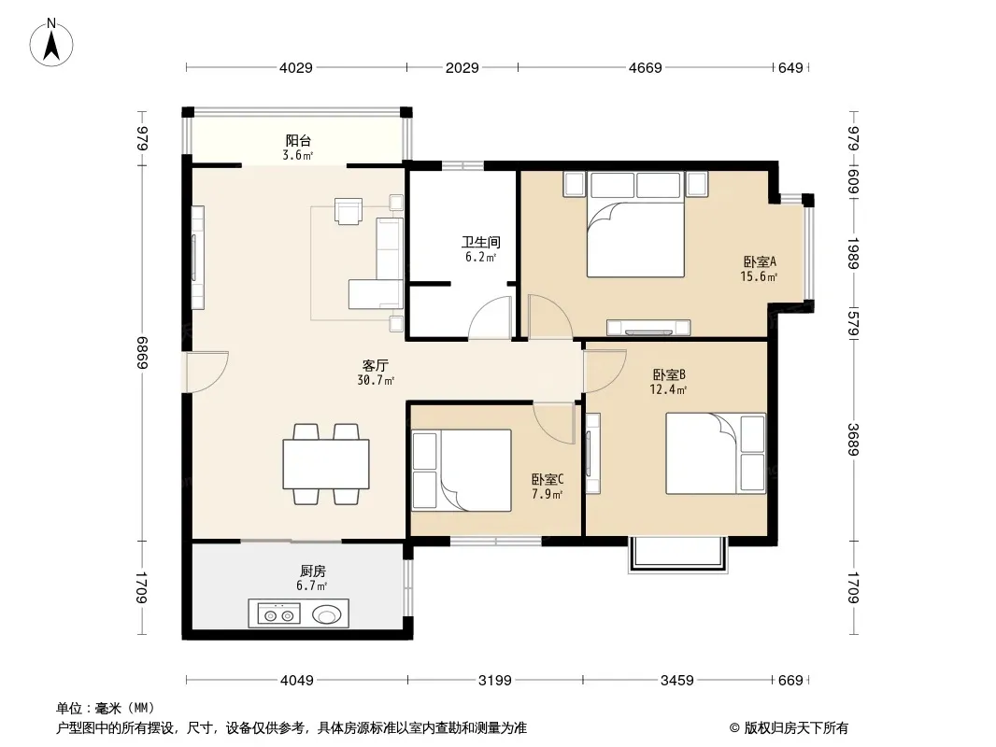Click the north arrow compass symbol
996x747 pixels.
click(x=51, y=43)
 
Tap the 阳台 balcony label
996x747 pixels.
click(x=298, y=140)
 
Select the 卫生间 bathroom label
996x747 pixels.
click(x=481, y=242)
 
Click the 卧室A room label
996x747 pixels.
click(x=760, y=261)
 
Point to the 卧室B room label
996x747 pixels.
click(x=668, y=374)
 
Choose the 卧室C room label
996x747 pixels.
click(x=548, y=479)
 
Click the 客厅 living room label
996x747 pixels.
click(x=375, y=366)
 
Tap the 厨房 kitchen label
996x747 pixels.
click(x=312, y=571)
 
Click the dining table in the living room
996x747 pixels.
click(x=326, y=464)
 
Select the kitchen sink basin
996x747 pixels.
click(x=327, y=614)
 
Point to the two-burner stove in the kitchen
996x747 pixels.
click(x=278, y=614)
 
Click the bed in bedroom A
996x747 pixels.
click(x=635, y=224)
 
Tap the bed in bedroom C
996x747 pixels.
click(x=462, y=471)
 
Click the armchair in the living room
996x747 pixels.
click(x=349, y=211)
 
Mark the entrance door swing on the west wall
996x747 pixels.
click(x=206, y=372)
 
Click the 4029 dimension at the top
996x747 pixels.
click(x=296, y=67)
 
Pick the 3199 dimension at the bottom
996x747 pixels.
click(x=495, y=681)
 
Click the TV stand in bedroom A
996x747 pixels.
click(x=648, y=327)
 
